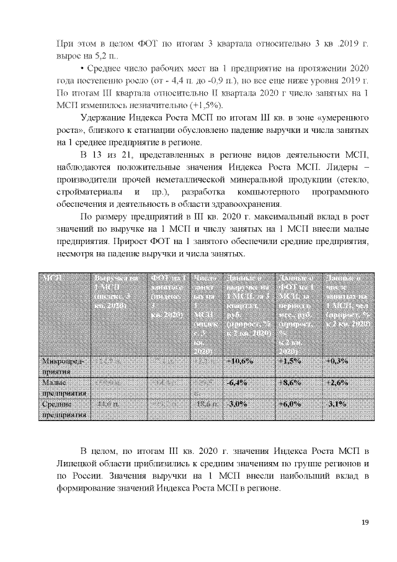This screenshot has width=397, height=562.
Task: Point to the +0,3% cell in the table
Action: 338,361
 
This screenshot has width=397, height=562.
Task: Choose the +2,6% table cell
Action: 338,383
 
